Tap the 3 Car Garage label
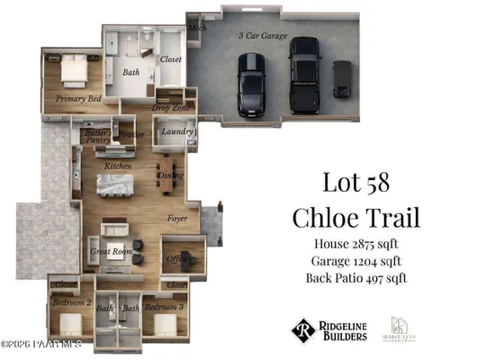coord(263,35)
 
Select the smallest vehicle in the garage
coord(342,78)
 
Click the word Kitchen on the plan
coord(118,166)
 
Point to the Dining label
coord(171,176)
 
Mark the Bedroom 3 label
coord(165,307)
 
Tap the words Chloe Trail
coord(356,218)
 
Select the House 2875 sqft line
coord(356,244)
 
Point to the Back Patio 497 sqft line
coord(356,278)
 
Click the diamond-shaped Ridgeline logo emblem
coord(304,330)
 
